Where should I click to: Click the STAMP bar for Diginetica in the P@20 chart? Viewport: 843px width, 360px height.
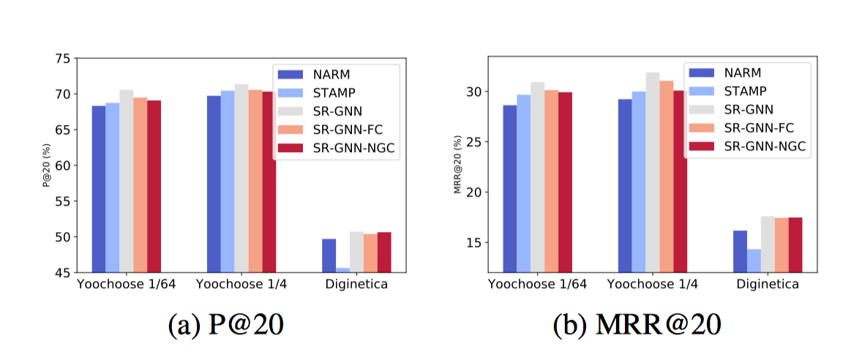(342, 270)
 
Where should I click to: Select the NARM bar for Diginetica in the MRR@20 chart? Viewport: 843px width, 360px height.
(740, 252)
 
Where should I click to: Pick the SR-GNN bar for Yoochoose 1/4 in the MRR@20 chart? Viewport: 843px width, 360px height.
(653, 173)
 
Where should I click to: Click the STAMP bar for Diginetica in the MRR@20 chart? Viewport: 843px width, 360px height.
(754, 261)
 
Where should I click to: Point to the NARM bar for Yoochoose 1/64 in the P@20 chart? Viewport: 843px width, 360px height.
(99, 190)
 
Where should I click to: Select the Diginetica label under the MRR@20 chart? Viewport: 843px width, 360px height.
(768, 285)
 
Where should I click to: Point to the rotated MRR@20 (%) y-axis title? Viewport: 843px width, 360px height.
(457, 166)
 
